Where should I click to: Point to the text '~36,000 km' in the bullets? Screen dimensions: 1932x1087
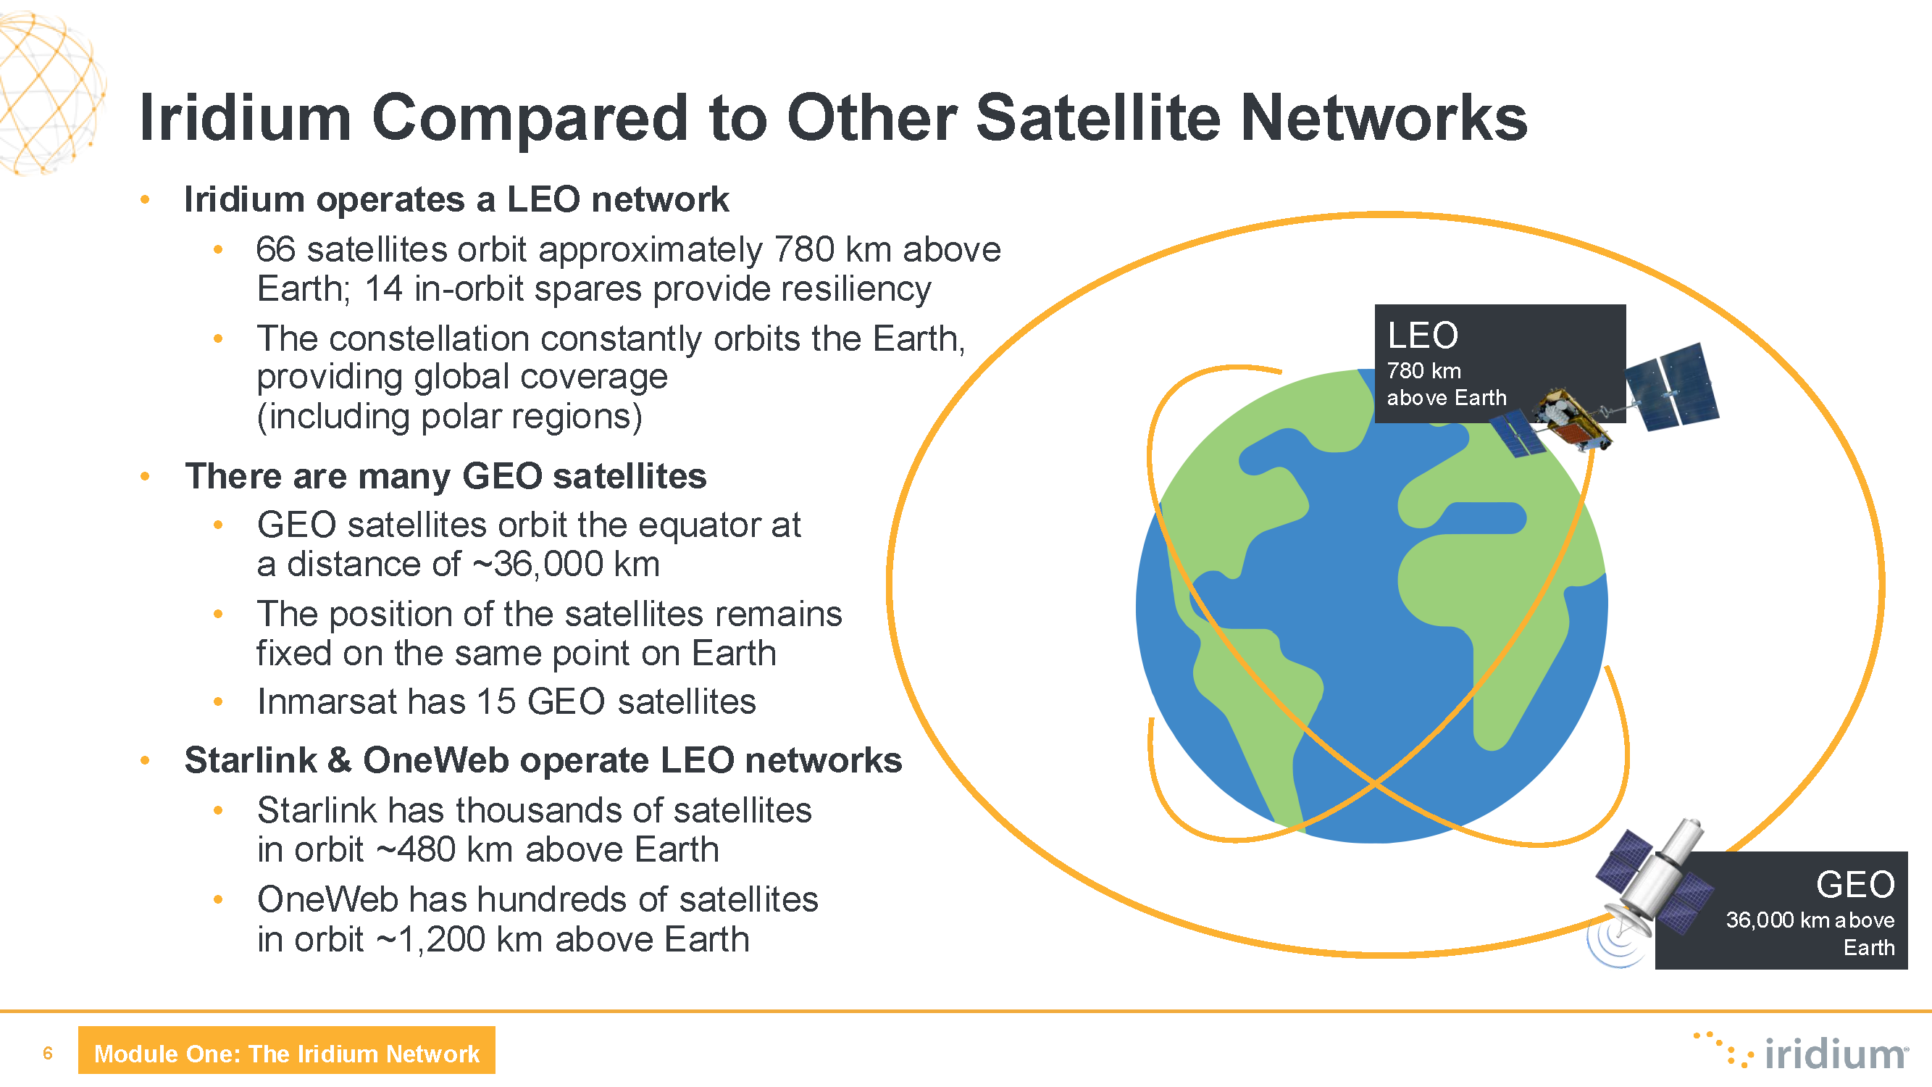(x=566, y=564)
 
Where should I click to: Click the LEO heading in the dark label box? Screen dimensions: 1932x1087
(x=1422, y=336)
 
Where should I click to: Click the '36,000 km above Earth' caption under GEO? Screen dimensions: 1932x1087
(x=1810, y=933)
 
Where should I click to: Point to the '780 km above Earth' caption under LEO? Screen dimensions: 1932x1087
(x=1446, y=384)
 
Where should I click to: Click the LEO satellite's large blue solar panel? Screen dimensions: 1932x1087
(x=1673, y=387)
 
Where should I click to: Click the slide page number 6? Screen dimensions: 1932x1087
(x=48, y=1053)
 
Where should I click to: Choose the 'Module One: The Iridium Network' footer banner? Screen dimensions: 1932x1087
(x=286, y=1050)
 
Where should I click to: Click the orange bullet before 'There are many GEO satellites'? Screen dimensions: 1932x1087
(x=145, y=476)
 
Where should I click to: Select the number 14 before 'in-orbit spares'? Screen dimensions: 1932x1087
(x=383, y=289)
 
